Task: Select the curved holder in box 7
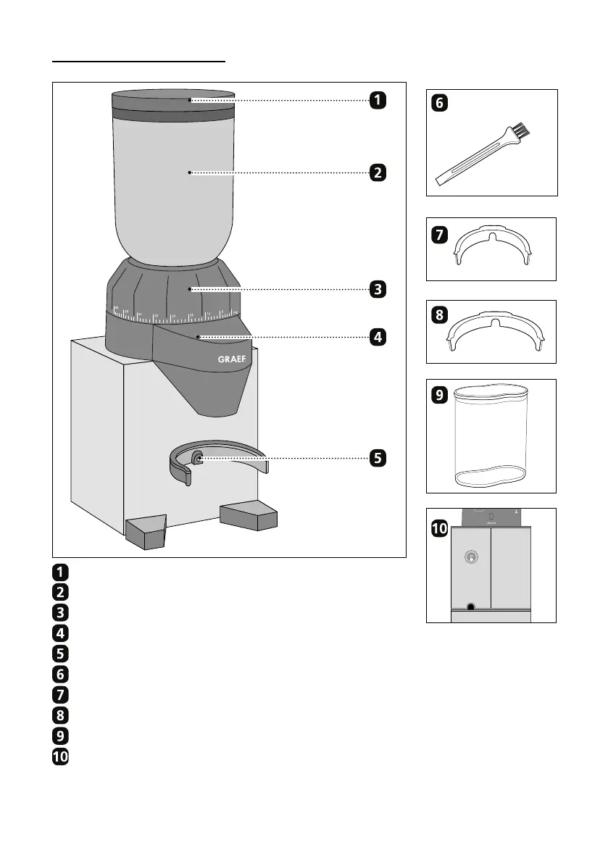pos(493,247)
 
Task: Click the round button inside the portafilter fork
pos(197,457)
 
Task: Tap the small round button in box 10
pos(471,557)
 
